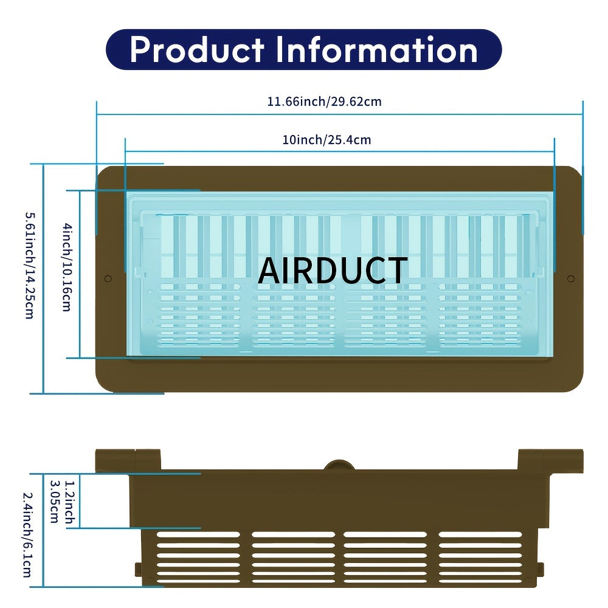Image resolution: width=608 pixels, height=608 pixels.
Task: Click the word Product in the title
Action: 197,50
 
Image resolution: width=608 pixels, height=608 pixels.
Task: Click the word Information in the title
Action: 377,50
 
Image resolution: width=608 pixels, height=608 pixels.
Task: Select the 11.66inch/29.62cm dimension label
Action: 325,102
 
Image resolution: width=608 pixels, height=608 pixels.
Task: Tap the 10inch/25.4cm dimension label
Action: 326,140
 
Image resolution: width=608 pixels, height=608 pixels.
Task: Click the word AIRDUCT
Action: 332,271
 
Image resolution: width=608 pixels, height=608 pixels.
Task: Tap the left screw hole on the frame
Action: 108,278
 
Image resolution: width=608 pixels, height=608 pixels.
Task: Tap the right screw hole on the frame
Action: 570,278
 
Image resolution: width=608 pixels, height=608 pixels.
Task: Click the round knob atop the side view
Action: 339,466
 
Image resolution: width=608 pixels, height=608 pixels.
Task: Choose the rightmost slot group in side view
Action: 480,557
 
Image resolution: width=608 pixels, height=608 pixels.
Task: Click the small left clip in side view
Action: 138,570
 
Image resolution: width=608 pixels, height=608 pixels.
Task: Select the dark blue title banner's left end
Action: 116,50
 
